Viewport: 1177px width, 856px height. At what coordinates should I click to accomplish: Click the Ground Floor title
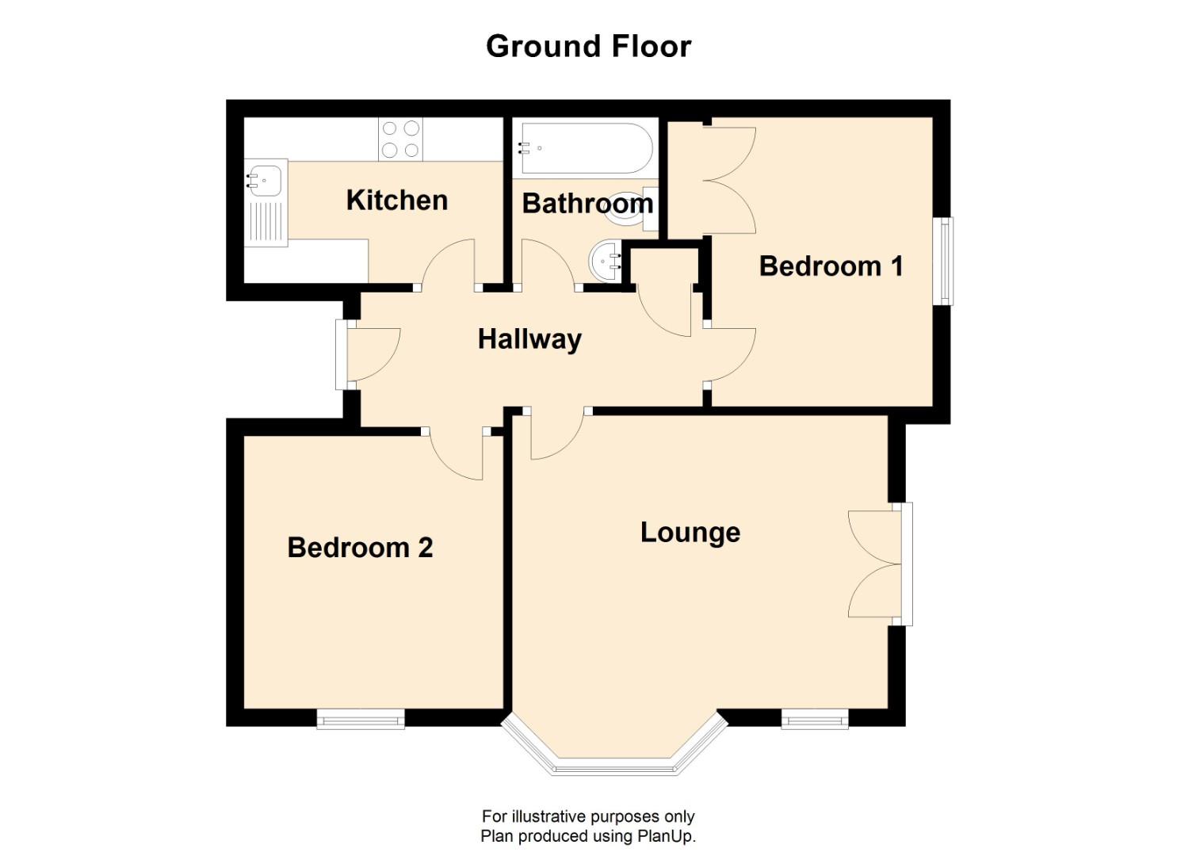(588, 46)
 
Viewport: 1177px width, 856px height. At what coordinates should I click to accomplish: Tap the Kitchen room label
(396, 201)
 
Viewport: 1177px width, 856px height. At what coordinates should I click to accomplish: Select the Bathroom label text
(587, 204)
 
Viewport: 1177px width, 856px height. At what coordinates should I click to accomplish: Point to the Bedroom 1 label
(831, 266)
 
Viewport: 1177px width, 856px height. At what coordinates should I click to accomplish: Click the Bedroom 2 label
(360, 548)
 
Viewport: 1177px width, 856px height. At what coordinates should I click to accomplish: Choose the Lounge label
(690, 533)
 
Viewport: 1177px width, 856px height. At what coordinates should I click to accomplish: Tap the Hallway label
(529, 340)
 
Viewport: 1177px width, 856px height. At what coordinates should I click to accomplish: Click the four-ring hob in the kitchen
(400, 139)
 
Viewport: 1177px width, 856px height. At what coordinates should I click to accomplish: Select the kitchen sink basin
(265, 181)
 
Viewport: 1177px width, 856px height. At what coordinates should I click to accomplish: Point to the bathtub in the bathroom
(583, 148)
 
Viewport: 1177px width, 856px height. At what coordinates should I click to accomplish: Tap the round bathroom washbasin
(606, 259)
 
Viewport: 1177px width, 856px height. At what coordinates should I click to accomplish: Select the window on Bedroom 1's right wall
(945, 261)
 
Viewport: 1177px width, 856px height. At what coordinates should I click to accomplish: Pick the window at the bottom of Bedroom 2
(361, 720)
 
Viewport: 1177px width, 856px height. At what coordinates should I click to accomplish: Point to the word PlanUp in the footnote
(665, 836)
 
